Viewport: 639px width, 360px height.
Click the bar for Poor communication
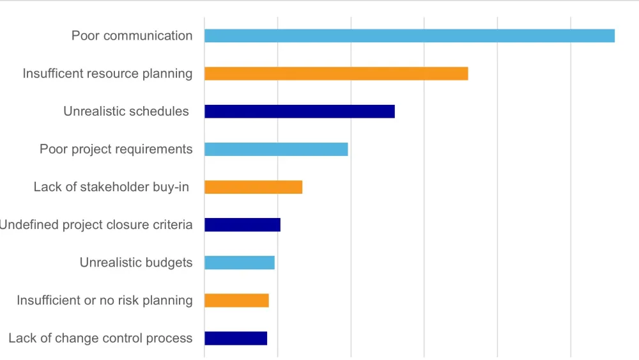(x=409, y=36)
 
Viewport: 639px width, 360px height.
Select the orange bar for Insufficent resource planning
(x=336, y=74)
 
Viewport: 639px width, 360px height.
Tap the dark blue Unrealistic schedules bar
(x=299, y=111)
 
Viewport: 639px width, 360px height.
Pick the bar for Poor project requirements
(x=276, y=149)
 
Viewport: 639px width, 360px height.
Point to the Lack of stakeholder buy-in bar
(x=253, y=187)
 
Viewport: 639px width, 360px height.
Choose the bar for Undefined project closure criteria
(x=242, y=224)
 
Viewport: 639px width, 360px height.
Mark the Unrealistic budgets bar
(x=239, y=263)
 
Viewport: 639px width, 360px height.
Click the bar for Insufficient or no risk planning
(x=236, y=301)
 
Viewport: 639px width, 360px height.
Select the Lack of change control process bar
(x=235, y=338)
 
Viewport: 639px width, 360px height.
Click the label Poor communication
(x=132, y=36)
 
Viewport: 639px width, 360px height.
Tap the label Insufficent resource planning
(x=107, y=74)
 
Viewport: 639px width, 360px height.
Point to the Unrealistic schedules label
(x=126, y=111)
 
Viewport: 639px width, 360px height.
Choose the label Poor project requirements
(x=116, y=149)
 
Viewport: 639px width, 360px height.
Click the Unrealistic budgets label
(x=136, y=263)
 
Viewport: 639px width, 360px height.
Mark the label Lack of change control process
(x=100, y=338)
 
